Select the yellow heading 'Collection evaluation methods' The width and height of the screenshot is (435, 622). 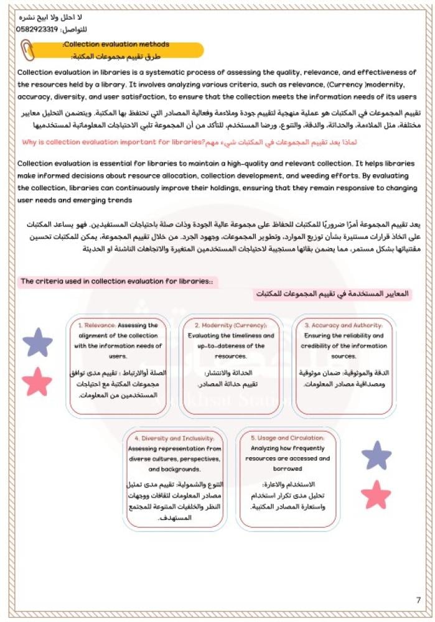116,44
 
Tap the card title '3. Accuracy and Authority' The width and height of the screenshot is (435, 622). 344,325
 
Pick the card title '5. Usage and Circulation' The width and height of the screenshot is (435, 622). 288,438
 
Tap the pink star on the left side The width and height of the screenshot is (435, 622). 37,381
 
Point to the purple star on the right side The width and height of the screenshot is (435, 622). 377,455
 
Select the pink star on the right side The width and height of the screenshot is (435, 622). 376,495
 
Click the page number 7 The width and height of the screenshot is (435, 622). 418,600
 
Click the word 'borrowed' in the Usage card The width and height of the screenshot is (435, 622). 288,468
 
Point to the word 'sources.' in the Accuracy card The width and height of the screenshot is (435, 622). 344,356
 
